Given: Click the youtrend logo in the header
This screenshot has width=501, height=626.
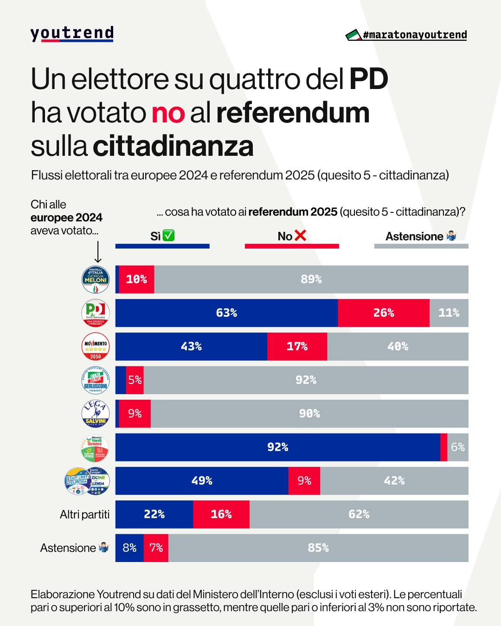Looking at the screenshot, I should tap(72, 34).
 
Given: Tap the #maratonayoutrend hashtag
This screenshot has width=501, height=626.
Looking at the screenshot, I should tap(414, 35).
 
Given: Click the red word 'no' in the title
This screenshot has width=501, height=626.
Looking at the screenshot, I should tap(168, 113).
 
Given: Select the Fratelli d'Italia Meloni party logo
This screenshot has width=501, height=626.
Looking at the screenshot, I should tap(96, 280).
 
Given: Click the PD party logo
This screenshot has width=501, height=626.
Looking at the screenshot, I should tap(96, 313).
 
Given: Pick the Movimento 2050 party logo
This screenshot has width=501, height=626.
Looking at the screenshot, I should tap(96, 346).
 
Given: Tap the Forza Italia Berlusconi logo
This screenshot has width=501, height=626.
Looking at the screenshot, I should tap(96, 380).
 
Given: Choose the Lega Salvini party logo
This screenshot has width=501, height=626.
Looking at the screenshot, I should tap(96, 414).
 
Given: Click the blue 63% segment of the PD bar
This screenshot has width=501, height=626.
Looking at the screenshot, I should tap(226, 313).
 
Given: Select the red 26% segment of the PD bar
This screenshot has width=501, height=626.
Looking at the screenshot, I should tap(384, 313).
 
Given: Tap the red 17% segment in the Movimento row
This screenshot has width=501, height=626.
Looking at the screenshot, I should tap(297, 346).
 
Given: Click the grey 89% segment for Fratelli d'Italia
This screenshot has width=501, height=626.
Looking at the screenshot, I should tap(311, 280).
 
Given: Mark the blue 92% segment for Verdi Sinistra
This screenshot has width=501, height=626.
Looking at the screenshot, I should tap(277, 447).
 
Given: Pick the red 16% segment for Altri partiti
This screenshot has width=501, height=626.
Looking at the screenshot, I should tap(221, 514).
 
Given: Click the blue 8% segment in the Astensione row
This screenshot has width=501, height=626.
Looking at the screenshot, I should tap(129, 548).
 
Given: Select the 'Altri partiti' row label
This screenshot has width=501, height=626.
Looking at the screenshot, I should tap(85, 514).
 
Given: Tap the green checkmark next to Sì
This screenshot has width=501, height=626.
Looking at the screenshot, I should tap(169, 236).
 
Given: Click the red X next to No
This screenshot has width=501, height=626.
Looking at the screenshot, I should tap(301, 236).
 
